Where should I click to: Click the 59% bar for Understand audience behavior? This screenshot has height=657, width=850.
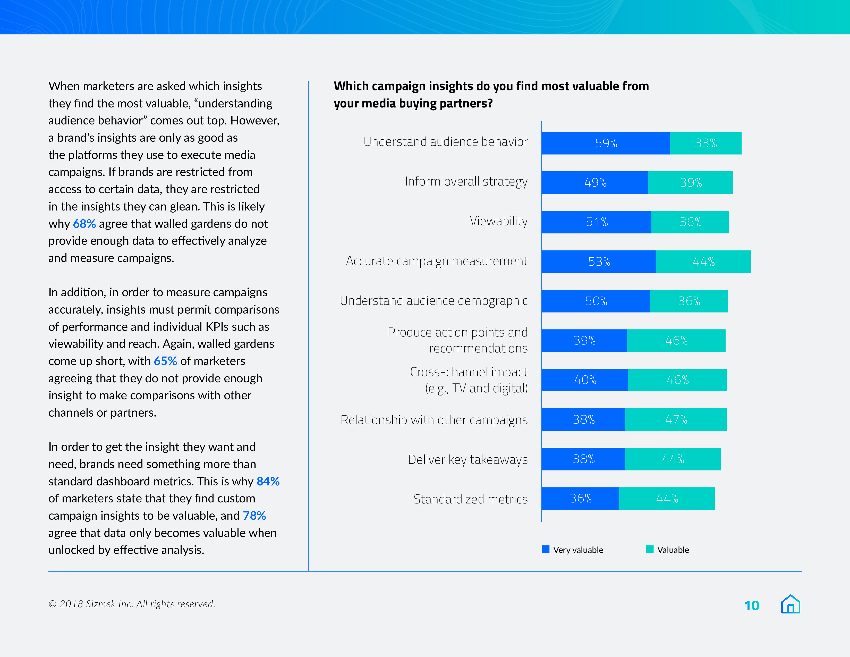605,143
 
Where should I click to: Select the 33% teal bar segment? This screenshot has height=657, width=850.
705,143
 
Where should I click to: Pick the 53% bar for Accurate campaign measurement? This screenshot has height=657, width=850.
599,262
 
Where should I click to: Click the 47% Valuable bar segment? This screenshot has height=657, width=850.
676,419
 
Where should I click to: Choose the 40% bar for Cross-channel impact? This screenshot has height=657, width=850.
585,380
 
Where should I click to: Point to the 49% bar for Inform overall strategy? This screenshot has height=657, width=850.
595,183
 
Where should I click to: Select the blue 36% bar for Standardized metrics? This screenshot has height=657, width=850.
580,499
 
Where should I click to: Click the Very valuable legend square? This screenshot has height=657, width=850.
546,549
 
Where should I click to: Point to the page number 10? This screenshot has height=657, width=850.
752,606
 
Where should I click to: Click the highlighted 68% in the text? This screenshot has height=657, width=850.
84,224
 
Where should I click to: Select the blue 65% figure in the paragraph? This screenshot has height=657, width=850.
165,361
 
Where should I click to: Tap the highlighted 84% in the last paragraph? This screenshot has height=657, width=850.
268,482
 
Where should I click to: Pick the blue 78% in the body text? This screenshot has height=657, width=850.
254,516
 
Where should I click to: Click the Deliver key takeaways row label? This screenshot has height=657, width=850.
468,460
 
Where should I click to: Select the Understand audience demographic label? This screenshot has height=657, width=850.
433,301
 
